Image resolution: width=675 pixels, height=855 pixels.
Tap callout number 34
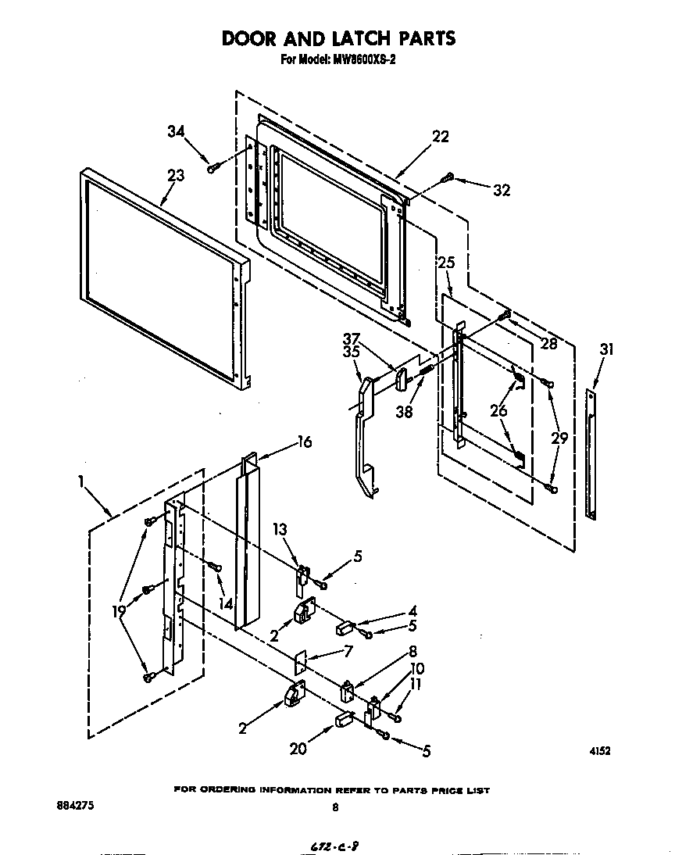[177, 131]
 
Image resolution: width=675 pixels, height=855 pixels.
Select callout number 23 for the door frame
[176, 176]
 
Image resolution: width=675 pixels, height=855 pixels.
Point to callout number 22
[441, 136]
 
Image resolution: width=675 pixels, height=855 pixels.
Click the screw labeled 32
[447, 178]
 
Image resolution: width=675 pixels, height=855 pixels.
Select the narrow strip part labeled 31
[591, 453]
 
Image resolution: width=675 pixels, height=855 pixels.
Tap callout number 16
[304, 442]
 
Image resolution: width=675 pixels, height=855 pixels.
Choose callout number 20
[298, 749]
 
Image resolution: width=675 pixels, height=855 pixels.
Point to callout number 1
[80, 482]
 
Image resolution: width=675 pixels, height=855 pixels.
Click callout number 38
[404, 413]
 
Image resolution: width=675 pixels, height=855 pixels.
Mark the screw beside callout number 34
[212, 165]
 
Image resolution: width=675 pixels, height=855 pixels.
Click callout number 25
[445, 263]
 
